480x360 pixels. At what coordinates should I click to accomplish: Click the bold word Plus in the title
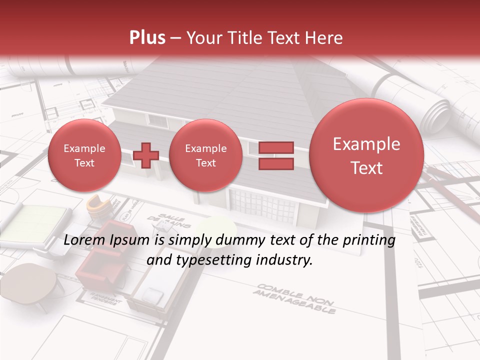[147, 38]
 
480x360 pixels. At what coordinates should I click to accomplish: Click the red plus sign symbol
[146, 155]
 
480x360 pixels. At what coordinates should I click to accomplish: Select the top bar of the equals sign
[276, 147]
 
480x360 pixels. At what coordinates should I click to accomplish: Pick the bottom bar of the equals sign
[276, 164]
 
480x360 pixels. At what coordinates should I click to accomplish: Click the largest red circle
[366, 155]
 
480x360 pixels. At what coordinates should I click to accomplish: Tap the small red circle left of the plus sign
[84, 155]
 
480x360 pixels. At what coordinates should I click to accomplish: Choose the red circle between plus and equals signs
[205, 155]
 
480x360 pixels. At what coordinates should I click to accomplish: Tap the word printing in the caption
[370, 240]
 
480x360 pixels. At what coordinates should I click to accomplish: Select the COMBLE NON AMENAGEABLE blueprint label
[295, 298]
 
